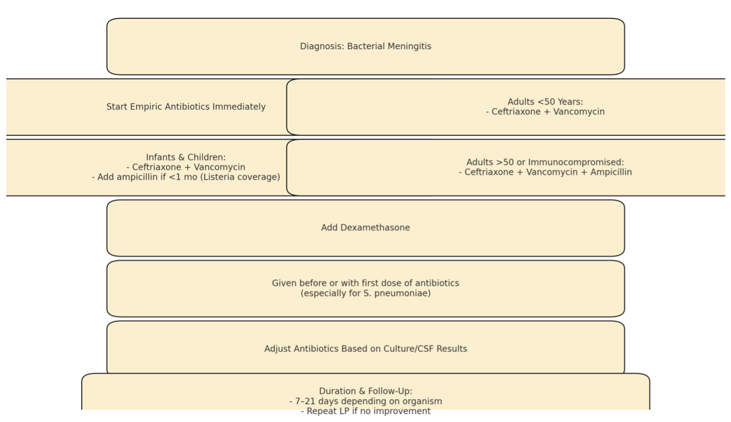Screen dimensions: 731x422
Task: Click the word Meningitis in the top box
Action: (x=409, y=47)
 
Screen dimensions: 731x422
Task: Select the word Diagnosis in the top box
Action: (x=322, y=47)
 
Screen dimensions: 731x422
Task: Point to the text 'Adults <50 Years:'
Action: (x=545, y=102)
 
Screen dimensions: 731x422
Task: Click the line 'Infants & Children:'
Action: (x=186, y=157)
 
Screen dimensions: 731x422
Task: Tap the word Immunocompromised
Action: (x=576, y=162)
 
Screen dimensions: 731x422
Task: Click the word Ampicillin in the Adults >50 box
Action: (x=611, y=172)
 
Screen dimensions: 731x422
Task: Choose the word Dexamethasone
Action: (x=375, y=228)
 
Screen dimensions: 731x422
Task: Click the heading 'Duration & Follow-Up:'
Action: (x=366, y=391)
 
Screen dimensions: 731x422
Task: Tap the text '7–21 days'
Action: (x=316, y=401)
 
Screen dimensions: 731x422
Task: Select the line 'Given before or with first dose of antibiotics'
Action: (x=366, y=283)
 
